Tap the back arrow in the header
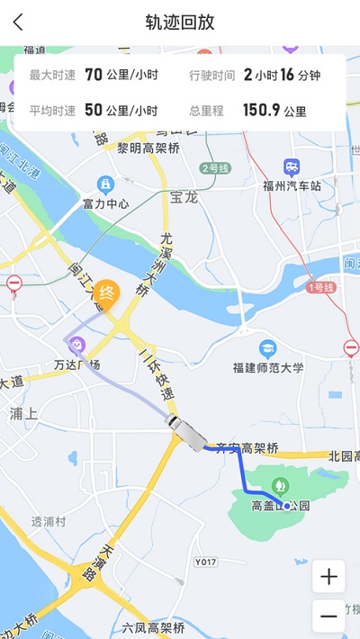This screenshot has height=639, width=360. (18, 22)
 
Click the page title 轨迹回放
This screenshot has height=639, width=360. (180, 22)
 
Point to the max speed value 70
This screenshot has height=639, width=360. (93, 75)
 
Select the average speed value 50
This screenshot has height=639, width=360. (93, 111)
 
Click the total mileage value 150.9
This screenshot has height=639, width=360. (261, 111)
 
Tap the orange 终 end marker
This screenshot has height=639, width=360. (107, 292)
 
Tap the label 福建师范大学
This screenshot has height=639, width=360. (268, 367)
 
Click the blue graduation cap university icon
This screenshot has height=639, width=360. (267, 348)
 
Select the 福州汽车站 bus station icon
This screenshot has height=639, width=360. (292, 167)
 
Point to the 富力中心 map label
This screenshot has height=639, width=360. (106, 203)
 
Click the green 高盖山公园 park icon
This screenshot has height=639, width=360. (280, 486)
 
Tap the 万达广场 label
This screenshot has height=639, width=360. (76, 364)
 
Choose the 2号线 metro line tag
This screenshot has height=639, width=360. (216, 168)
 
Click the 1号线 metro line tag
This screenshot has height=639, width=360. (321, 287)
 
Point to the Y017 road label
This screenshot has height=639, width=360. (206, 562)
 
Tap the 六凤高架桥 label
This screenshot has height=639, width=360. (154, 627)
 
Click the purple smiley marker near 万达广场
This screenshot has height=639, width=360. (77, 344)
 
